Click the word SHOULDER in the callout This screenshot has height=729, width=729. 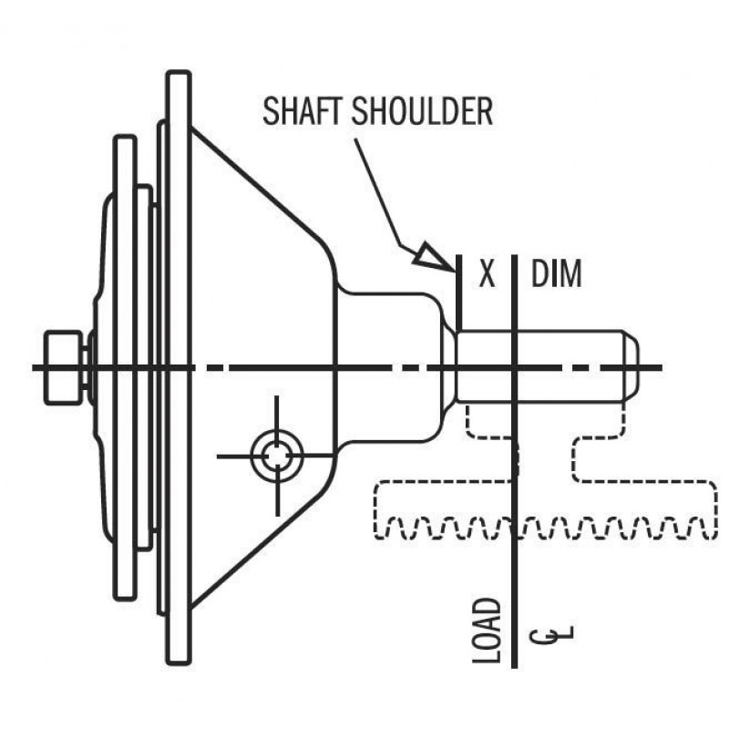click(422, 110)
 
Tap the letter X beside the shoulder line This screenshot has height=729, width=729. click(487, 273)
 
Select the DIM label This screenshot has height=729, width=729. click(556, 273)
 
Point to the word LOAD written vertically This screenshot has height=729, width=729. click(487, 630)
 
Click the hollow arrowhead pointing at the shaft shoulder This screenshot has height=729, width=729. click(432, 256)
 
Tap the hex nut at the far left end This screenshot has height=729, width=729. click(63, 367)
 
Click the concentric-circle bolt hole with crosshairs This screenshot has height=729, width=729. click(277, 457)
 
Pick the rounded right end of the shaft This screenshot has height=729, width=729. click(631, 366)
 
